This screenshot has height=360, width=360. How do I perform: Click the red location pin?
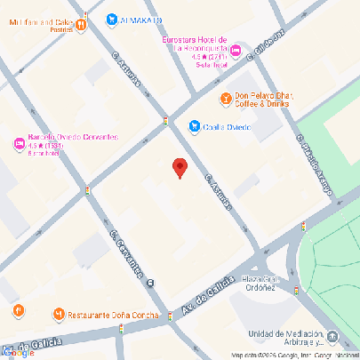coord(180,167)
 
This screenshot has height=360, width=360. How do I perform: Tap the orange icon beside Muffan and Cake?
coord(81,26)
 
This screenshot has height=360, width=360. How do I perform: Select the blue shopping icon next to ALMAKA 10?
coord(111,20)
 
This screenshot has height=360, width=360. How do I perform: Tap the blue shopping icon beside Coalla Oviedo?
coord(194,126)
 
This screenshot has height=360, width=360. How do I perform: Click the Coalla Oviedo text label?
coord(227,126)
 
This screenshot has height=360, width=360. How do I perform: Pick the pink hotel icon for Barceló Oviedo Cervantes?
coord(18,144)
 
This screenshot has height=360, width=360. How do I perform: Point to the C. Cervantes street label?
coord(127,252)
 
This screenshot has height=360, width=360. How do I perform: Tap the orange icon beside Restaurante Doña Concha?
coord(59,314)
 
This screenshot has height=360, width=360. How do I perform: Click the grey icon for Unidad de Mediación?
coord(332,337)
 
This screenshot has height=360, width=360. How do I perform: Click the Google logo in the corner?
coord(18,352)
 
